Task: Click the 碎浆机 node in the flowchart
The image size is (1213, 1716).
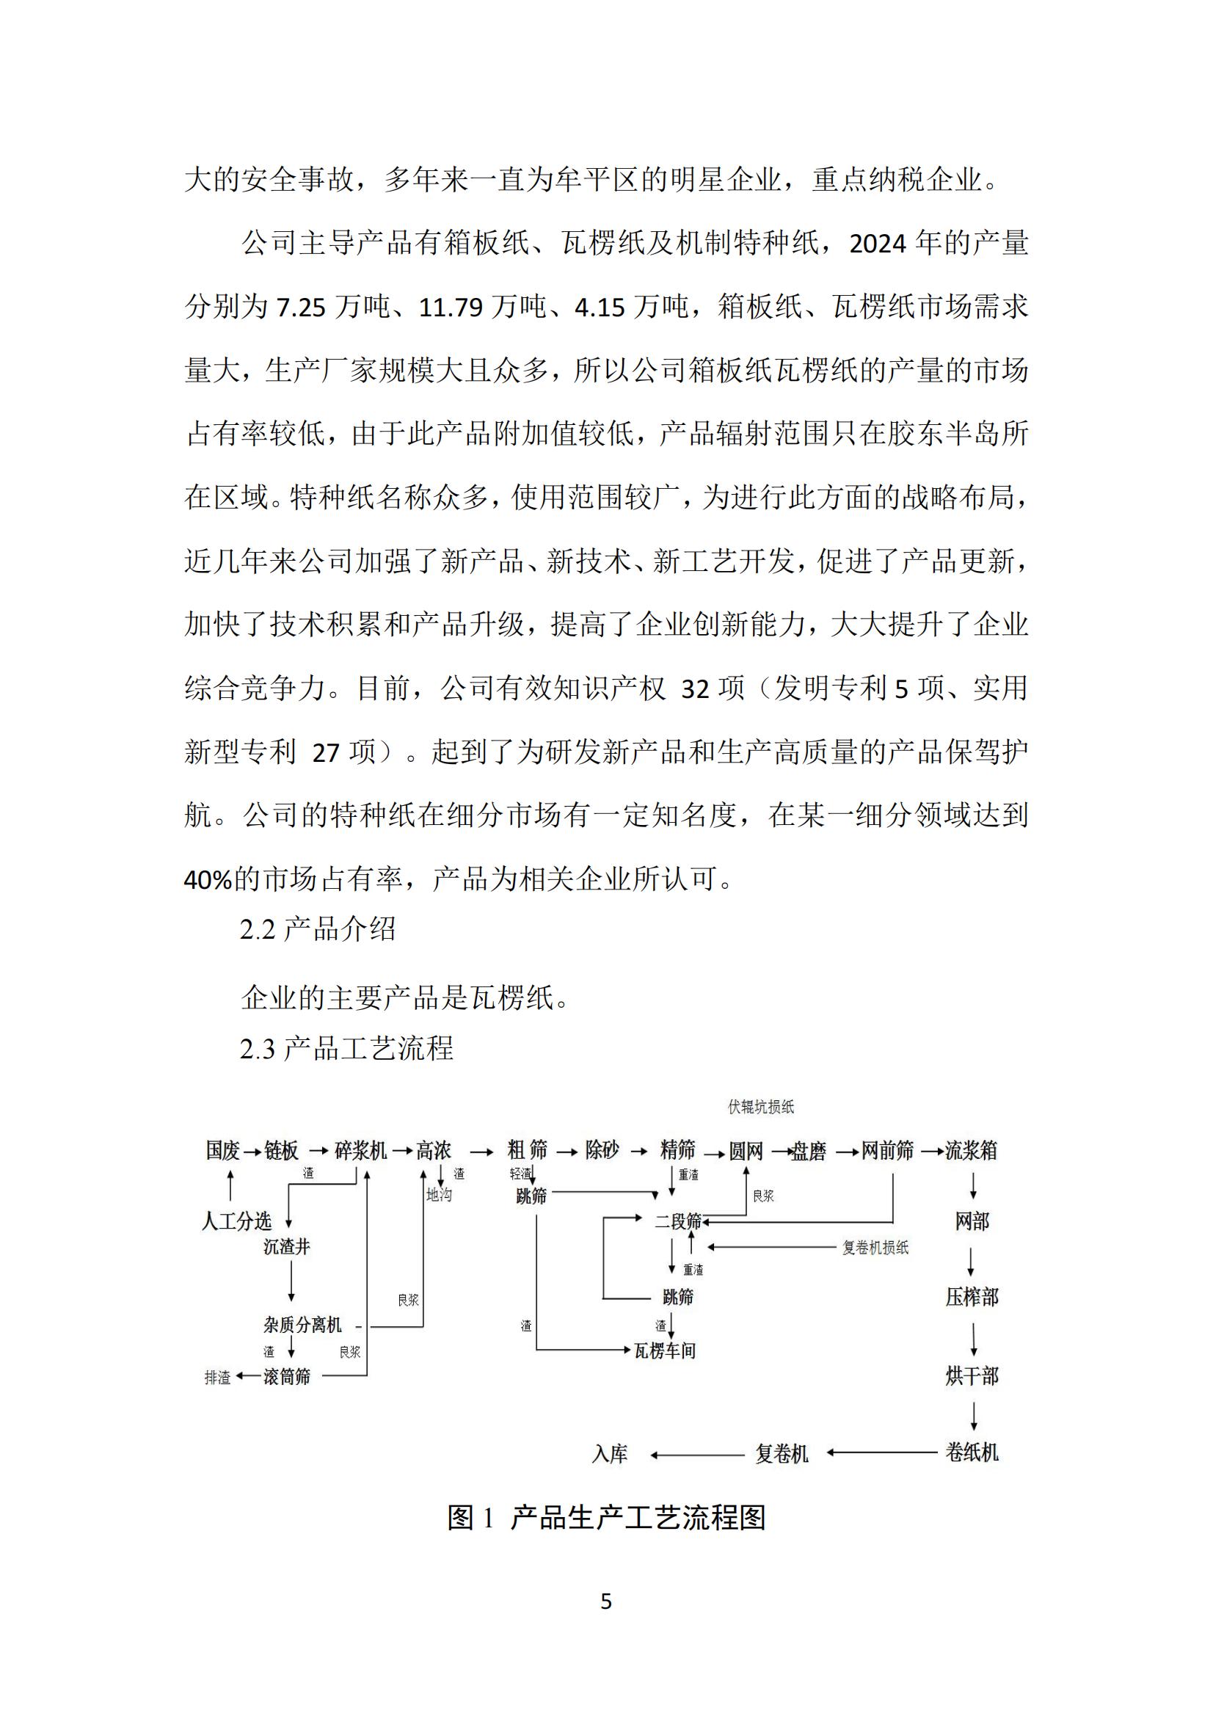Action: [x=360, y=1150]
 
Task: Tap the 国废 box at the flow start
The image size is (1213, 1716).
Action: [x=223, y=1150]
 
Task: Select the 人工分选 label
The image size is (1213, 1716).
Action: [x=236, y=1221]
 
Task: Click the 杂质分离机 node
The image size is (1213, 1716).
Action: [x=302, y=1324]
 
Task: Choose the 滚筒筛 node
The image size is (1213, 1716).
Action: [x=286, y=1376]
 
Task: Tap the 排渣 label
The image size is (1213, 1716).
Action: [x=217, y=1377]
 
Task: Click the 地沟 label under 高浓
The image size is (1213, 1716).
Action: [x=439, y=1194]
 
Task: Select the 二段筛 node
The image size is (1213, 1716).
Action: [x=678, y=1221]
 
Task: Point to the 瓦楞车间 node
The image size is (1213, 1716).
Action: [x=664, y=1350]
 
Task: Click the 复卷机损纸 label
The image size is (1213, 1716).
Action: [x=875, y=1247]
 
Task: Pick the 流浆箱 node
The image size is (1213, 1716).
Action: [x=971, y=1150]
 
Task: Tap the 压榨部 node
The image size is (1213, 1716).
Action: [x=972, y=1297]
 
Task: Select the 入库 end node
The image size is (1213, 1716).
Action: [x=610, y=1454]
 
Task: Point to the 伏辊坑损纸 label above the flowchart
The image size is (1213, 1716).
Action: [x=761, y=1107]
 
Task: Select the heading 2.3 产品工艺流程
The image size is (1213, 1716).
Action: [x=347, y=1049]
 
